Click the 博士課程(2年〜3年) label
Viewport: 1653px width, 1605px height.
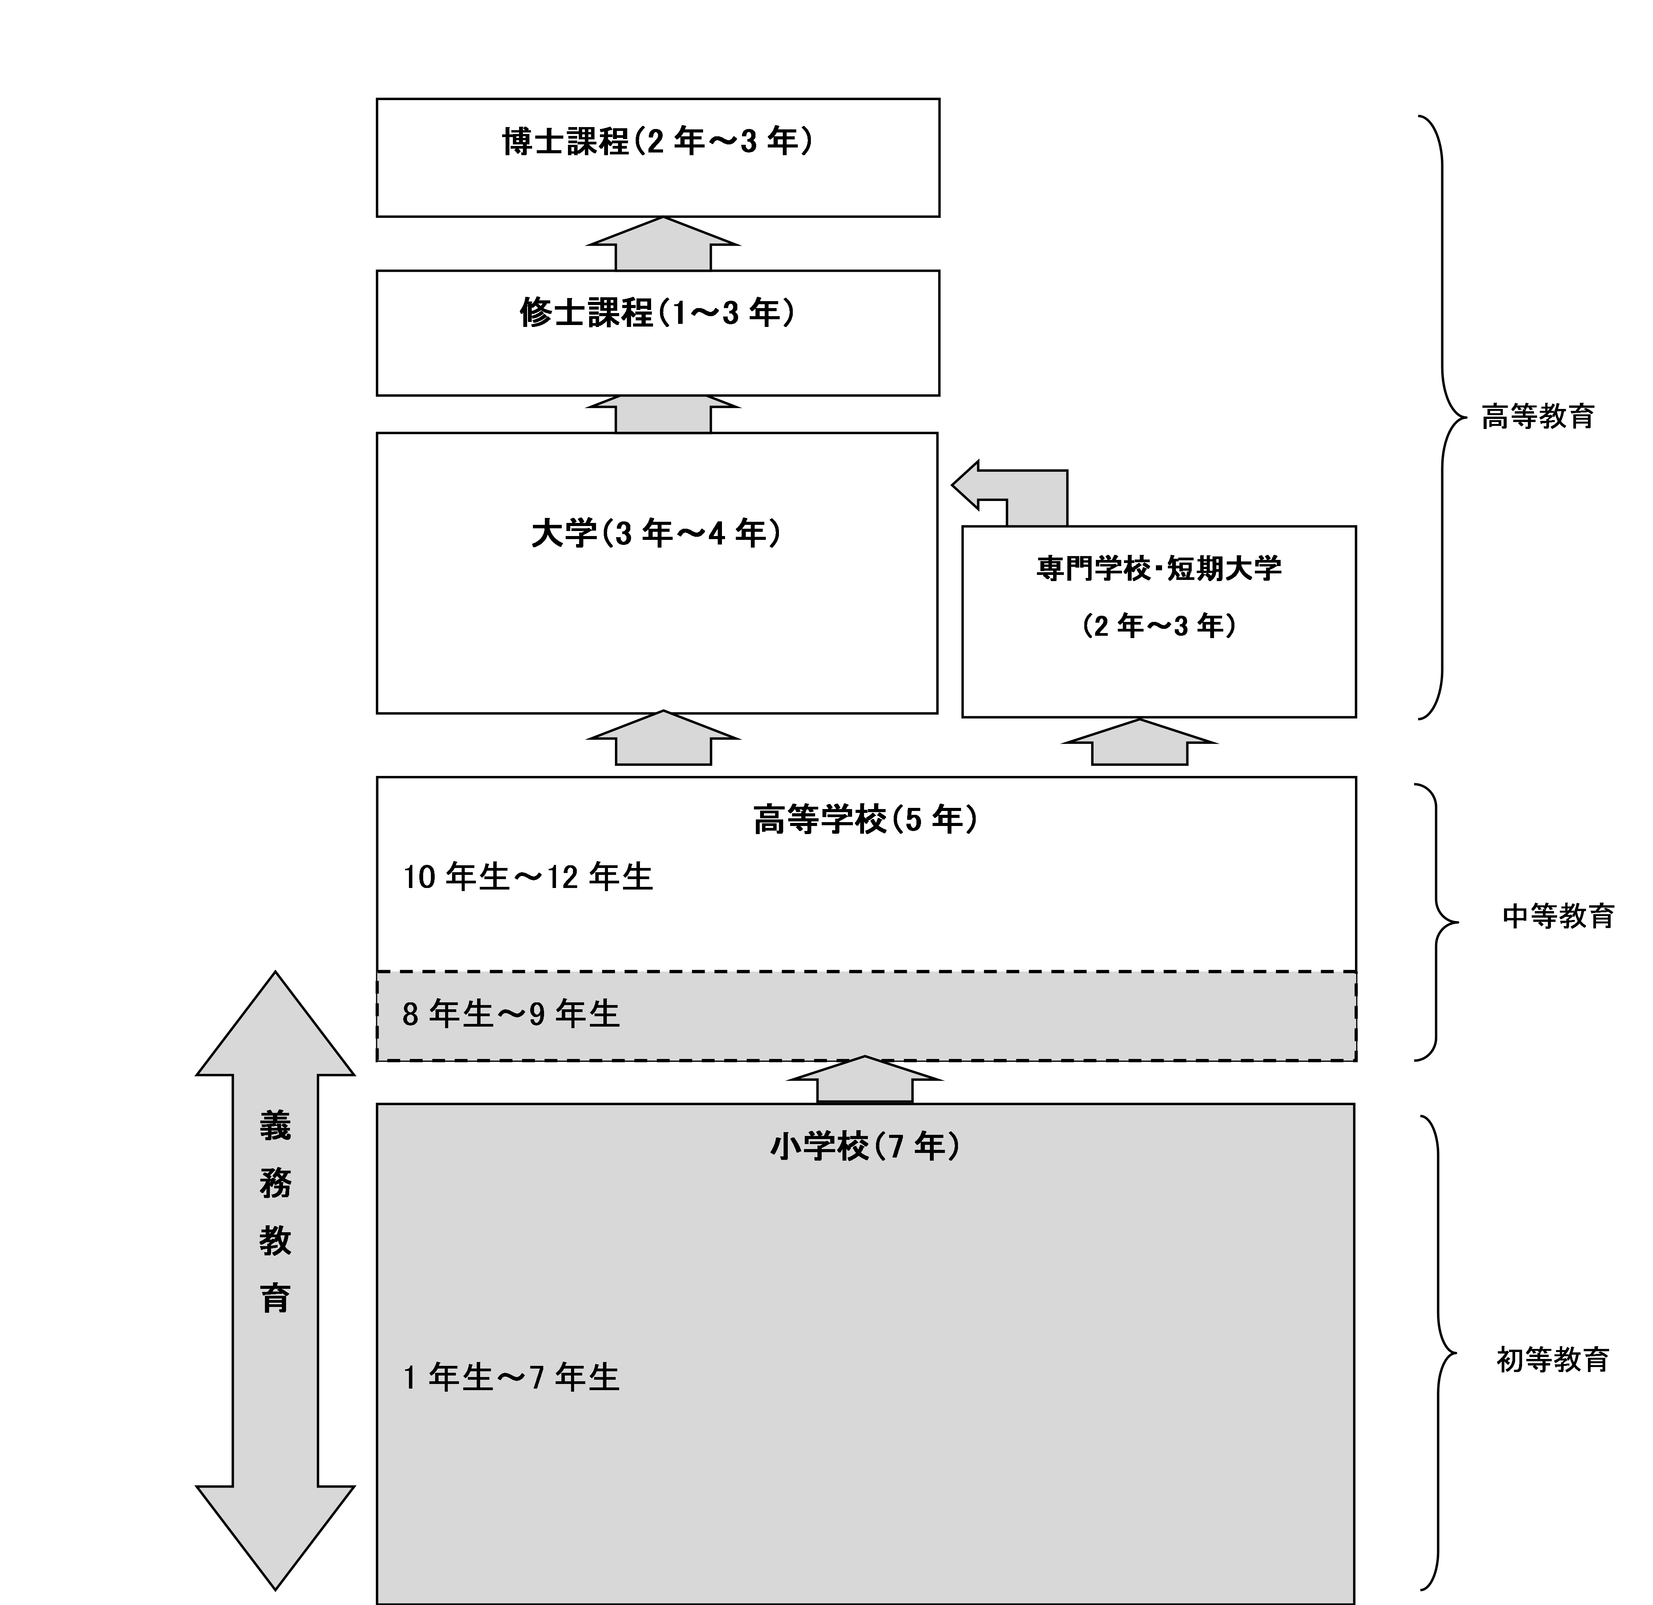(658, 142)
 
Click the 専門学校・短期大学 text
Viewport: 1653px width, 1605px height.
(1159, 568)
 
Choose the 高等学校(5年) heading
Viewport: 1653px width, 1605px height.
(866, 819)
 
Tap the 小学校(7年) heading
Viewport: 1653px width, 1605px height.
(865, 1146)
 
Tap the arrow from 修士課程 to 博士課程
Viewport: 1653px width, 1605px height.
(664, 244)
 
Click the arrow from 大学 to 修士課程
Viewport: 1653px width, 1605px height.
(664, 414)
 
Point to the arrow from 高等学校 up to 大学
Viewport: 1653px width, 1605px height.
(664, 738)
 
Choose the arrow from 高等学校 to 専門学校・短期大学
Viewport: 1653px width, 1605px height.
(1139, 742)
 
